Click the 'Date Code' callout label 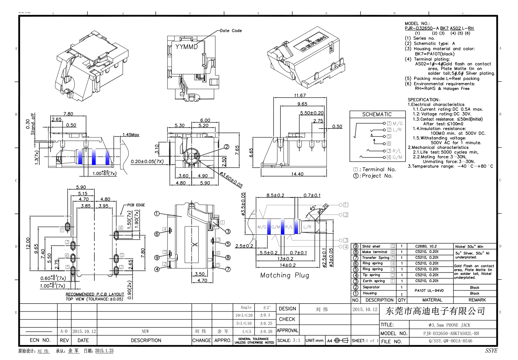coord(231,31)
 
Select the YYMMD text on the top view coord(186,47)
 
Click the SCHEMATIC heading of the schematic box coord(377,114)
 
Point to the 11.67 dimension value coord(300,95)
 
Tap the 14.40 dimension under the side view coord(297,174)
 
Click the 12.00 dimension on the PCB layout coord(28,243)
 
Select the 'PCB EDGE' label coord(136,205)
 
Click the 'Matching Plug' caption coord(284,275)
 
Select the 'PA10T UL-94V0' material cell coord(429,290)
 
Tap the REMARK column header coord(477,300)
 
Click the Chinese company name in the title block coord(435,311)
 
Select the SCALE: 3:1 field coord(289,341)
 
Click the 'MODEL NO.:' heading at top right coord(417,24)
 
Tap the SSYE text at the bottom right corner coord(491,350)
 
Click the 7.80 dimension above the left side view coord(68,114)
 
